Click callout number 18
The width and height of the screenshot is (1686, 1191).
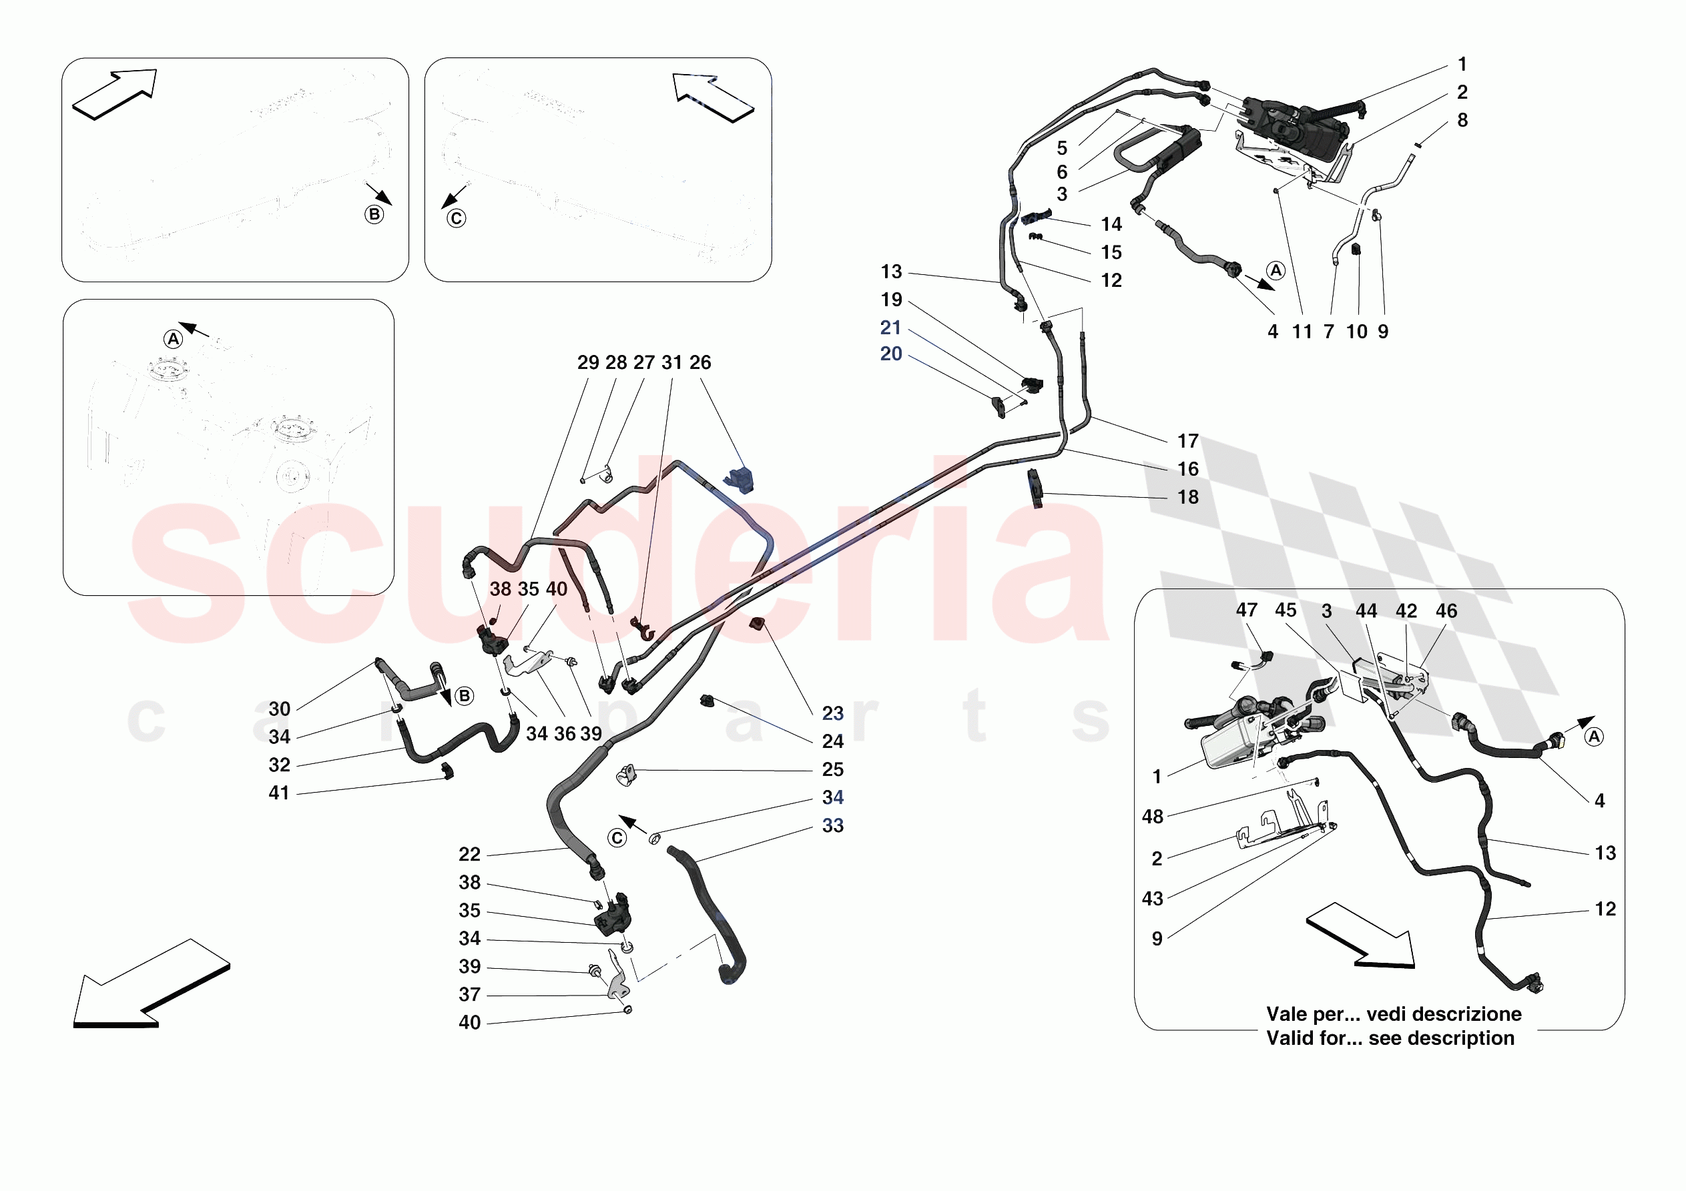click(1187, 497)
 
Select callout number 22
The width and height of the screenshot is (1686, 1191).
click(469, 854)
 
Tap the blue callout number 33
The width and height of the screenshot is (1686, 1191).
click(832, 825)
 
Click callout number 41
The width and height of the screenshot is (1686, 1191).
click(278, 793)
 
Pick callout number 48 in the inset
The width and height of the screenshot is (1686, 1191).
click(1152, 817)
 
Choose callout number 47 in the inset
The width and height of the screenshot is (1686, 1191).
click(1246, 611)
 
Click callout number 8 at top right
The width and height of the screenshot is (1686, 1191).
click(1462, 120)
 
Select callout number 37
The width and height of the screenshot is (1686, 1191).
click(469, 994)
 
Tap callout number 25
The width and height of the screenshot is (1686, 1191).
click(832, 769)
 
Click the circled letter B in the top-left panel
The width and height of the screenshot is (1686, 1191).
click(374, 214)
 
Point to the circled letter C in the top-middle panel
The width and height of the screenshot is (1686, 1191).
click(456, 218)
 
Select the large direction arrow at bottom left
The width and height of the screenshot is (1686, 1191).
click(151, 984)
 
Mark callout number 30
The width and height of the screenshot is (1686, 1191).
click(279, 709)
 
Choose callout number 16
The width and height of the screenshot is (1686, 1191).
click(1187, 469)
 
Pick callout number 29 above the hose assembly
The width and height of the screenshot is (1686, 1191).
click(587, 363)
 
